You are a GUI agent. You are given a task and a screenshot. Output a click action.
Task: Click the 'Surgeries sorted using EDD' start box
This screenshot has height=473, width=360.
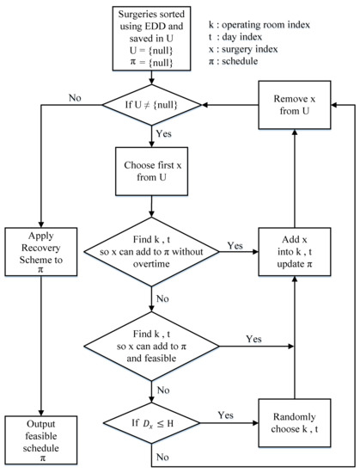click(x=154, y=35)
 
